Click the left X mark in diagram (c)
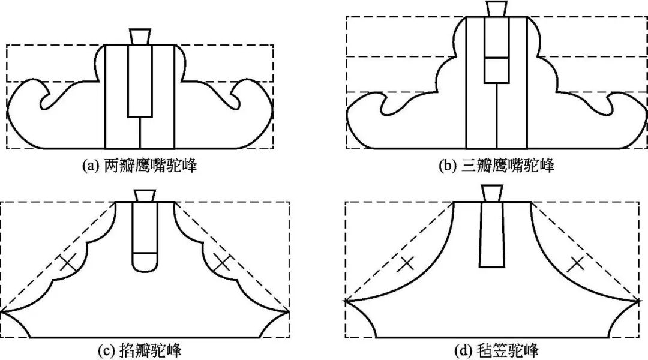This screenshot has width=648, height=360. [x=68, y=263]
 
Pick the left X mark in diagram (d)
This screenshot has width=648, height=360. [x=406, y=262]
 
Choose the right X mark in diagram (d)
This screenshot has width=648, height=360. [x=576, y=262]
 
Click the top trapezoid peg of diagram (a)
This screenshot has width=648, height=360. [x=140, y=35]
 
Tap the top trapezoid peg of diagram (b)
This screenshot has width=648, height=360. [x=496, y=9]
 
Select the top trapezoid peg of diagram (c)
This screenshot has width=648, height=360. [x=145, y=196]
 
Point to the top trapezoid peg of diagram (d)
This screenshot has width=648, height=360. [x=491, y=193]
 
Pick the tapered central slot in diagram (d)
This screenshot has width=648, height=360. [x=491, y=234]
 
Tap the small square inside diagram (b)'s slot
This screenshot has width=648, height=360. [x=496, y=70]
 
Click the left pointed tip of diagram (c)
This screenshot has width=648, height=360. [x=2, y=311]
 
